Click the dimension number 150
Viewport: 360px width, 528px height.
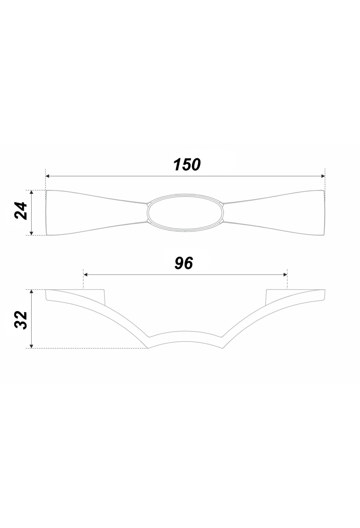pos(187,165)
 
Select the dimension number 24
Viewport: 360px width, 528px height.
pos(21,211)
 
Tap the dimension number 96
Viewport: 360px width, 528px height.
pos(184,263)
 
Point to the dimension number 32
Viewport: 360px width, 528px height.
pos(21,320)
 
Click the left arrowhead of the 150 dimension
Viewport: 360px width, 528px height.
pos(47,176)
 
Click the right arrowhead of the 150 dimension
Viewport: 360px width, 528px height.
pos(323,176)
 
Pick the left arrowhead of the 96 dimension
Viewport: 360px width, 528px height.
pos(85,274)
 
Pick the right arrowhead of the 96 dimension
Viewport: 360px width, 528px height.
pos(285,274)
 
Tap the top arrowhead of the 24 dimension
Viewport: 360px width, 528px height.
pos(31,192)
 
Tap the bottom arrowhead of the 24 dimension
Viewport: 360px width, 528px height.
pos(31,233)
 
